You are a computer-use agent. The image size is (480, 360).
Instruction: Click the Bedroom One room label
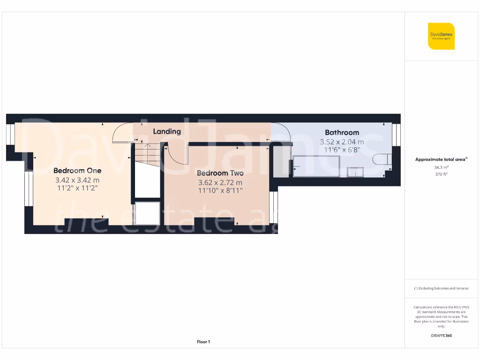pos(77,171)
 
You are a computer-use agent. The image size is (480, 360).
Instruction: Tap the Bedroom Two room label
pos(220,173)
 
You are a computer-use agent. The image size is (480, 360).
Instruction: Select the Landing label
pos(167,131)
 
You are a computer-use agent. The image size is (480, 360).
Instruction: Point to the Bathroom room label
pos(342,133)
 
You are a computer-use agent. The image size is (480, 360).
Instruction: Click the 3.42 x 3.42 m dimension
pos(77,180)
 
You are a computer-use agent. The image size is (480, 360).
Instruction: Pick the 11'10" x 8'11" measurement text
pos(220,191)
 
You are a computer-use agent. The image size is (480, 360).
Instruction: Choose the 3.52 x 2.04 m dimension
pos(342,142)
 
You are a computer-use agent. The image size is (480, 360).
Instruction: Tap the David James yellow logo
pos(441,36)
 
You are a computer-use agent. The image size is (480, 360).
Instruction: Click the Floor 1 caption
pos(203,342)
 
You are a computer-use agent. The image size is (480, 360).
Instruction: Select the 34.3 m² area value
pos(441,167)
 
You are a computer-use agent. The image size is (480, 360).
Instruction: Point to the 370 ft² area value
pos(441,174)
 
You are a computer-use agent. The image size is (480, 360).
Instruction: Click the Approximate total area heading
pos(441,159)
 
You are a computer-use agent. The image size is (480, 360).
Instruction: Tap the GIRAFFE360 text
pos(441,336)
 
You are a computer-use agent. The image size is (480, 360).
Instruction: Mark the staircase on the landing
pos(147,153)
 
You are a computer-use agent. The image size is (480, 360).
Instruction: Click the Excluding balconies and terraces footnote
pos(441,288)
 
